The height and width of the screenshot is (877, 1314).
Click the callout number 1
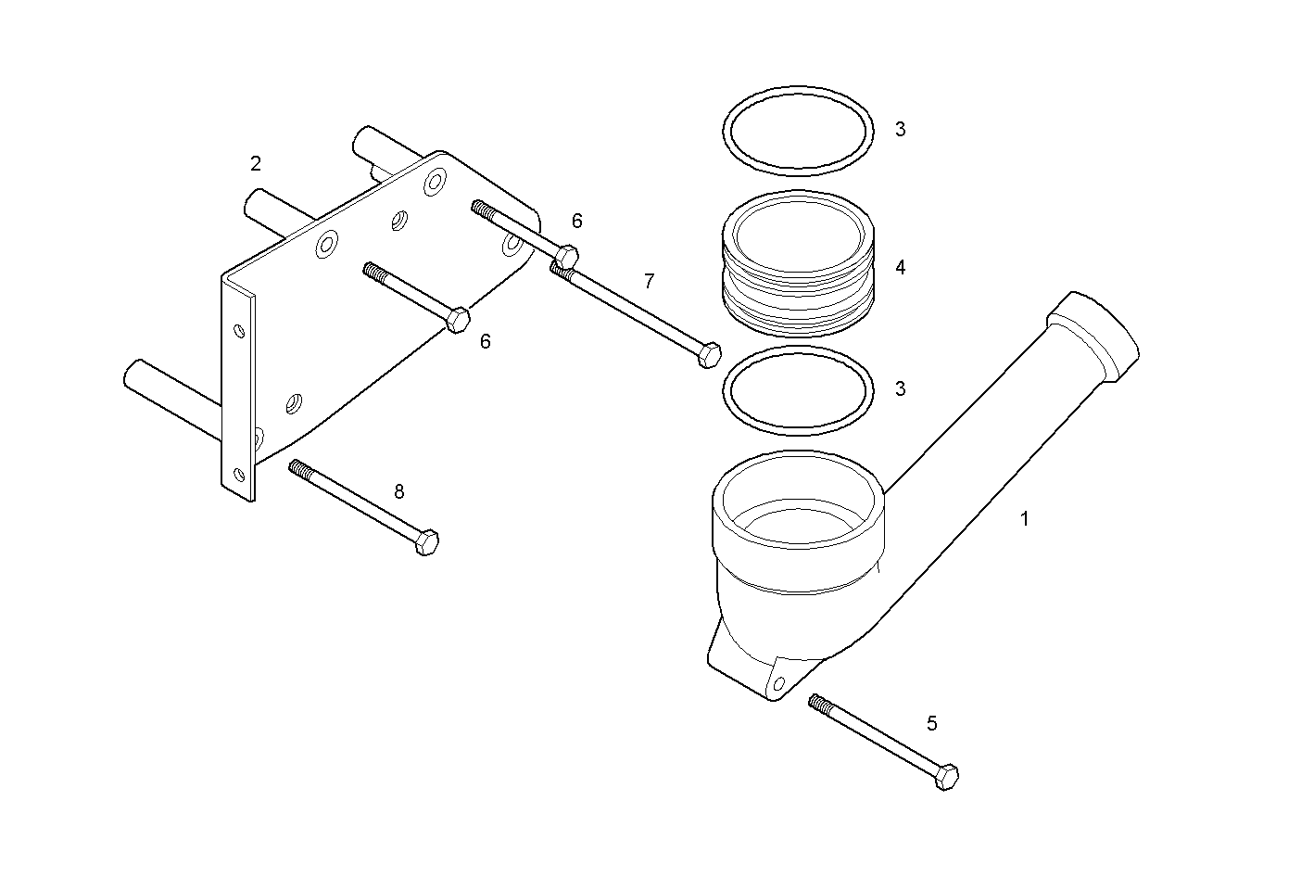[x=1024, y=520]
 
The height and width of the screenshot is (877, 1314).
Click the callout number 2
[x=256, y=164]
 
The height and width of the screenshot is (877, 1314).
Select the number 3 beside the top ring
[x=900, y=130]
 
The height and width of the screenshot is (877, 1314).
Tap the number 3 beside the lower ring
[x=900, y=389]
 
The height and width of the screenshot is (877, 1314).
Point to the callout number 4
[x=900, y=268]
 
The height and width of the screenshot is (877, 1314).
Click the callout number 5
[x=931, y=722]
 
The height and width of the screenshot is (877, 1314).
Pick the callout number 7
[x=649, y=280]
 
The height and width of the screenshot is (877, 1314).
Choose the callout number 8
[x=399, y=492]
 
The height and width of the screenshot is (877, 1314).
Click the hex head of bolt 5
[x=946, y=777]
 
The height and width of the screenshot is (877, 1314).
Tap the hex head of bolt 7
[x=709, y=355]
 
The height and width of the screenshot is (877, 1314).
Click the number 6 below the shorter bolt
[x=485, y=342]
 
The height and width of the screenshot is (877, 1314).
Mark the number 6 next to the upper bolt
[x=576, y=222]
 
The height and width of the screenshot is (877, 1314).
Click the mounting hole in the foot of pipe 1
[x=778, y=684]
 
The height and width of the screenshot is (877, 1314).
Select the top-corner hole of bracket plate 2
[x=433, y=183]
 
